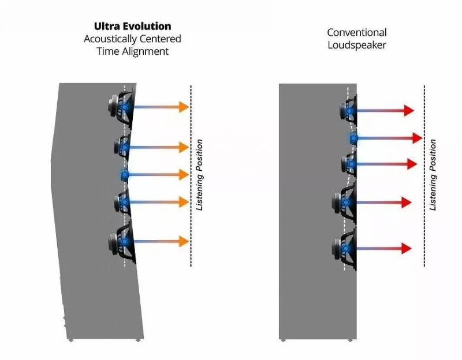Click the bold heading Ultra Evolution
pos(133,26)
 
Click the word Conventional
pos(357,32)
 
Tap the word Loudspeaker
pos(357,46)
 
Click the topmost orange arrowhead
pos(184,107)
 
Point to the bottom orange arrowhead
pos(184,241)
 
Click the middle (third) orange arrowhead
pos(184,175)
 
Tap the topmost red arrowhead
pos(409,110)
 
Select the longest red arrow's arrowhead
pos(418,138)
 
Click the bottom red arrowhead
pos(407,249)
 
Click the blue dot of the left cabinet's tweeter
pos(125,175)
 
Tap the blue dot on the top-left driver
pos(125,107)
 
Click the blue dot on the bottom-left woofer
pos(125,241)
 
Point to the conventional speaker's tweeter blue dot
pos(353,138)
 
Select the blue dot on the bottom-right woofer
pos(346,249)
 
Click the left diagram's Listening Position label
pos(200,175)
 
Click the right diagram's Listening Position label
pos(433,175)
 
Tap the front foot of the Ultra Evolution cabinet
pos(138,340)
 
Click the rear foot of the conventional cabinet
pos(283,340)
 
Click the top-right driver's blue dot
pos(349,111)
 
